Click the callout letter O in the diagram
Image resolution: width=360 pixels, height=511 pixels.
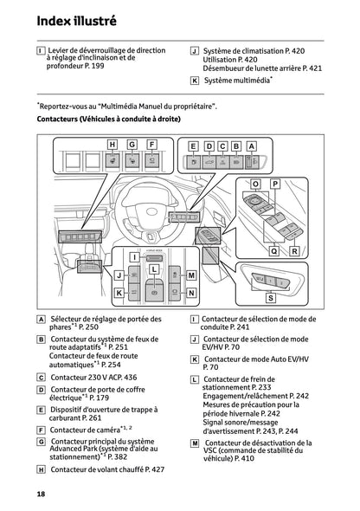tap(255, 184)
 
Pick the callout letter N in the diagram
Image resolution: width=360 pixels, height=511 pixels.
tap(192, 293)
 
